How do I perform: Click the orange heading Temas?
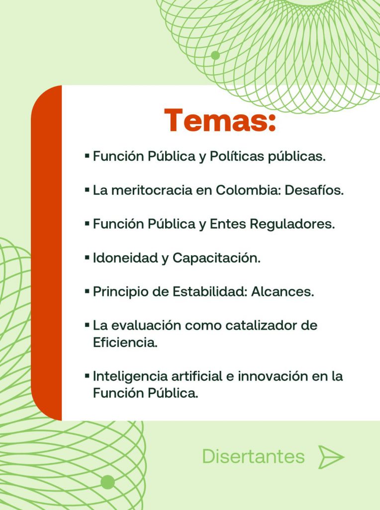tap(220, 120)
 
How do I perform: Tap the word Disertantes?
tap(253, 456)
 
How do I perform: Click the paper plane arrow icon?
tap(331, 457)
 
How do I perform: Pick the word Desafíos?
tap(314, 190)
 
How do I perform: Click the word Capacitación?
tap(216, 258)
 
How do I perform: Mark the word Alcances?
tap(283, 292)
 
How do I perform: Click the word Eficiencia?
tap(125, 343)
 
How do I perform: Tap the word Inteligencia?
tap(131, 377)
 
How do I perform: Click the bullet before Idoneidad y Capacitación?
tap(87, 257)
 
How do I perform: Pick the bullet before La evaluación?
tap(87, 325)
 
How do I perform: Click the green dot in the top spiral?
tap(215, 55)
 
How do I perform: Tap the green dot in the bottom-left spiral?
tap(108, 482)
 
